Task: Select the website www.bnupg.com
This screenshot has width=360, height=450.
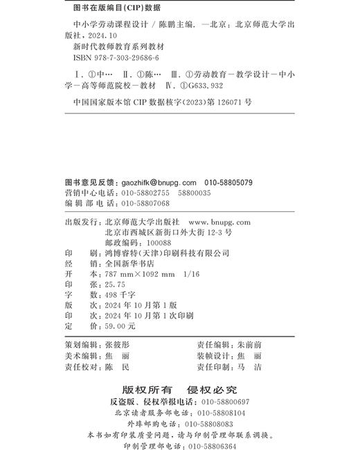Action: point(219,223)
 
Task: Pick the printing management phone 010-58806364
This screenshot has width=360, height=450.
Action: point(216,446)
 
